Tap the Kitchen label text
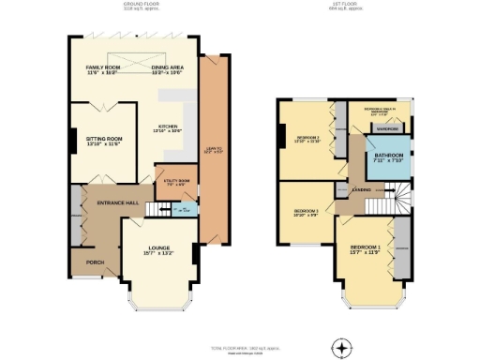click(168, 127)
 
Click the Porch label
click(95, 262)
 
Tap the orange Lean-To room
click(214, 150)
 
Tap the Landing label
click(359, 188)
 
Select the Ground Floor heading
click(141, 5)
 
